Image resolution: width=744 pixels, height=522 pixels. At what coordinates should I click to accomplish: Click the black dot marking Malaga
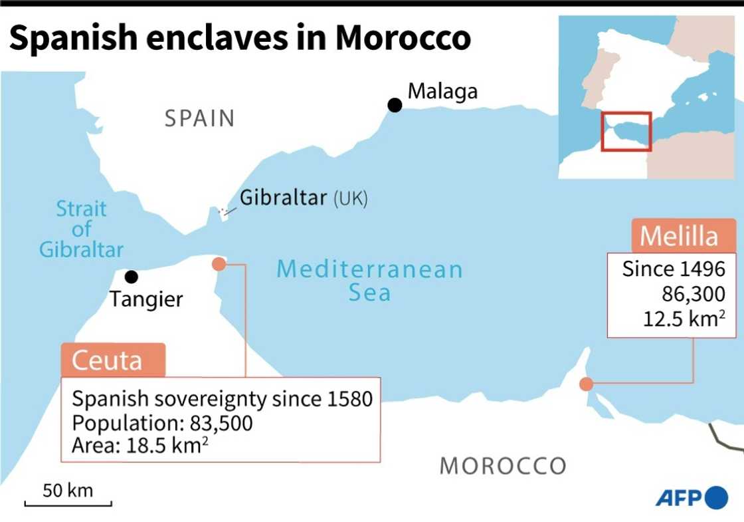pos(395,104)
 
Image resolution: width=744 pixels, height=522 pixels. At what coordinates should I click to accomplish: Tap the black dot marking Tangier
pos(132,276)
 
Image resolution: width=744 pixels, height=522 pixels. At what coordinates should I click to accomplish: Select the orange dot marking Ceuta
pos(219,264)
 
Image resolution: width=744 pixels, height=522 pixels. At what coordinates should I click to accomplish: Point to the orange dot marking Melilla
pos(586,384)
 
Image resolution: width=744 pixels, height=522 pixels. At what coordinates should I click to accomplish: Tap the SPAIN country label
pos(200,118)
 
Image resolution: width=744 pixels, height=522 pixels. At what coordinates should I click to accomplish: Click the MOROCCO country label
pos(503,465)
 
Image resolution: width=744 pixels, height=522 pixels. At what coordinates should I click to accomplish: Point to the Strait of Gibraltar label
pos(81,229)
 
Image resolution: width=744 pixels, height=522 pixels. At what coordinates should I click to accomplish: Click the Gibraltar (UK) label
pos(303,197)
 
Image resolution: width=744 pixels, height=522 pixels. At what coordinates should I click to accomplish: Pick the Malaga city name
pos(442,90)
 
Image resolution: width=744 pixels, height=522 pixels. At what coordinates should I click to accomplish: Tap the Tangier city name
pos(146,299)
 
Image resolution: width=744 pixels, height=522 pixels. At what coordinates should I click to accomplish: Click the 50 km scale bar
pos(68,501)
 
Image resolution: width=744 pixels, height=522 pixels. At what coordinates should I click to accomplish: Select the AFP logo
pos(692,497)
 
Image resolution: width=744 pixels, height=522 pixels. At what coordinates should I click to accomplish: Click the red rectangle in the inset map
pos(626,131)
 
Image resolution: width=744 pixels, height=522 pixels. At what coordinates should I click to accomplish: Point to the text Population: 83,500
pos(162,423)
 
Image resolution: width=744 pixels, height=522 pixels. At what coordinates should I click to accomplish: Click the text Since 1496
pos(673,270)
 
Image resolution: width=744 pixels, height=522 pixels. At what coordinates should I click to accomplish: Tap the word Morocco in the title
pos(403,39)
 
